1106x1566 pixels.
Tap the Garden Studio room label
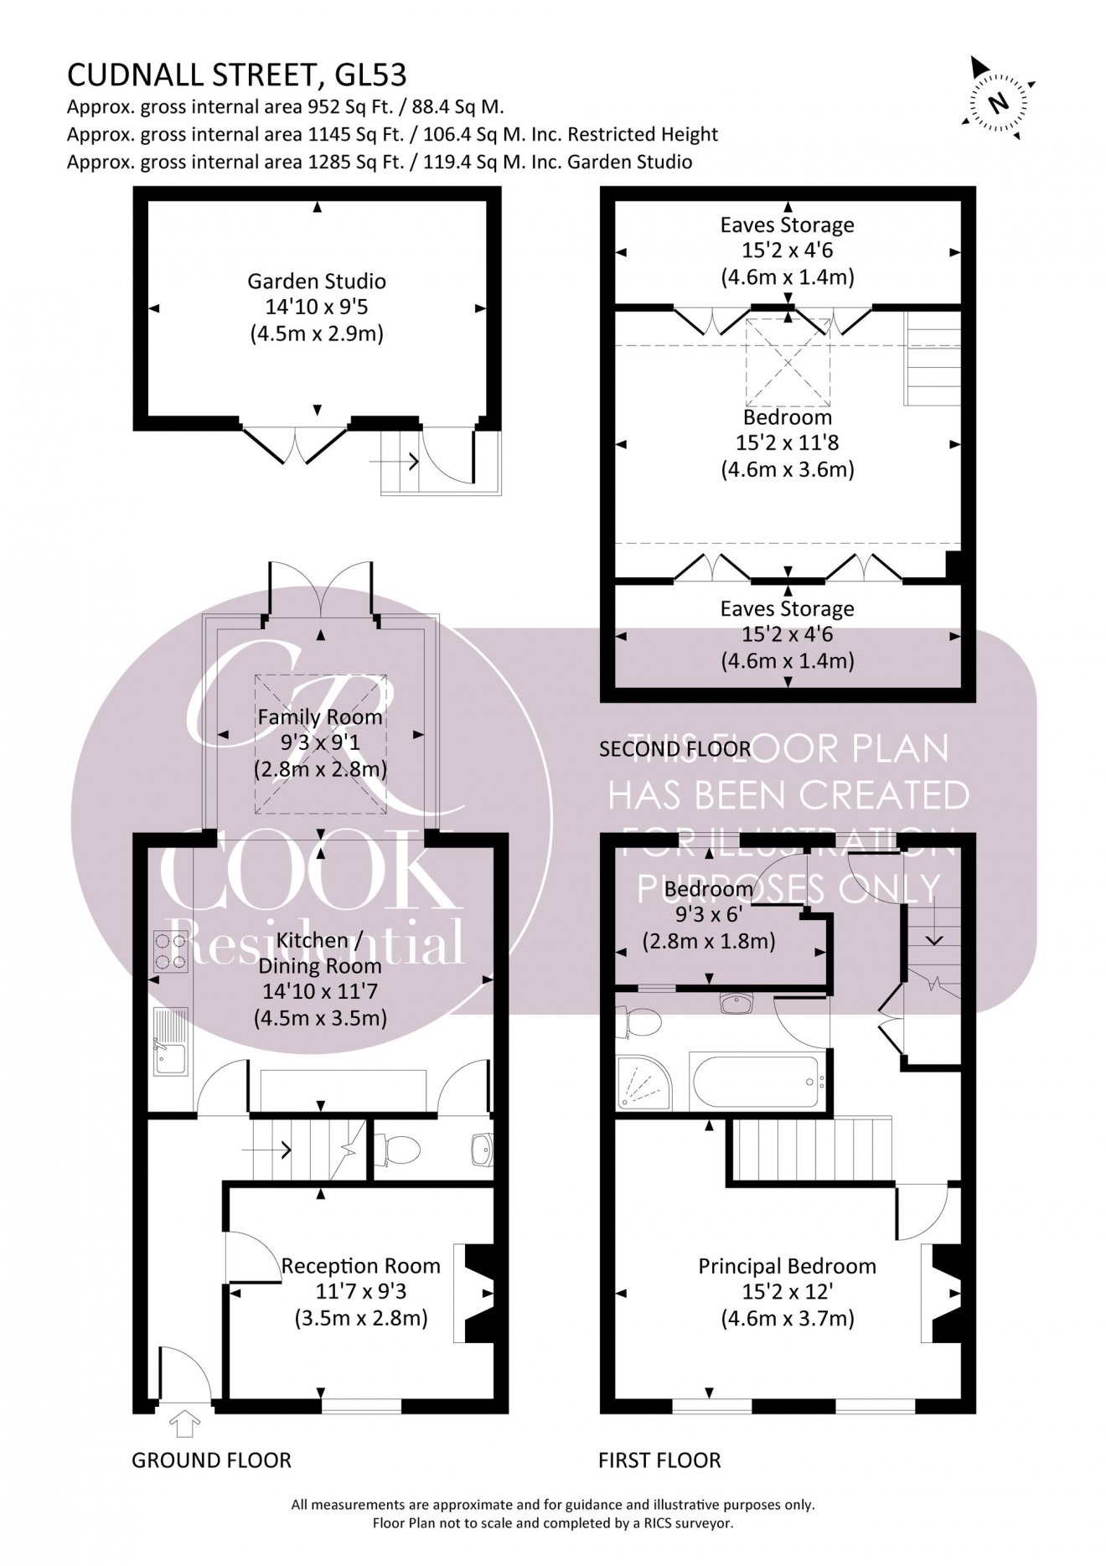click(x=316, y=281)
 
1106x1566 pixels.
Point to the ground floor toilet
click(x=399, y=1149)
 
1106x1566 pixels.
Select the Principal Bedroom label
click(x=787, y=1266)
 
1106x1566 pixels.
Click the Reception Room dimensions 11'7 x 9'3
click(x=361, y=1292)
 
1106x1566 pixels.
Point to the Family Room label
click(x=319, y=717)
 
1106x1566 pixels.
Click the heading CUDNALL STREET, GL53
click(x=236, y=75)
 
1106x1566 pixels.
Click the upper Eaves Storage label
click(x=787, y=225)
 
